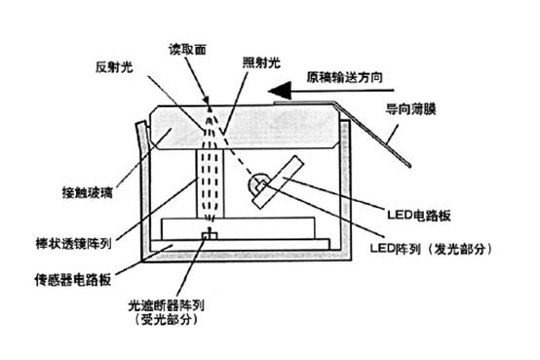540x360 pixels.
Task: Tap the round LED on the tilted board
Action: [x=259, y=181]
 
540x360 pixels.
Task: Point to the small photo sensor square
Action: [x=207, y=235]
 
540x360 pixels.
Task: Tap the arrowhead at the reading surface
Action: [x=208, y=100]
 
